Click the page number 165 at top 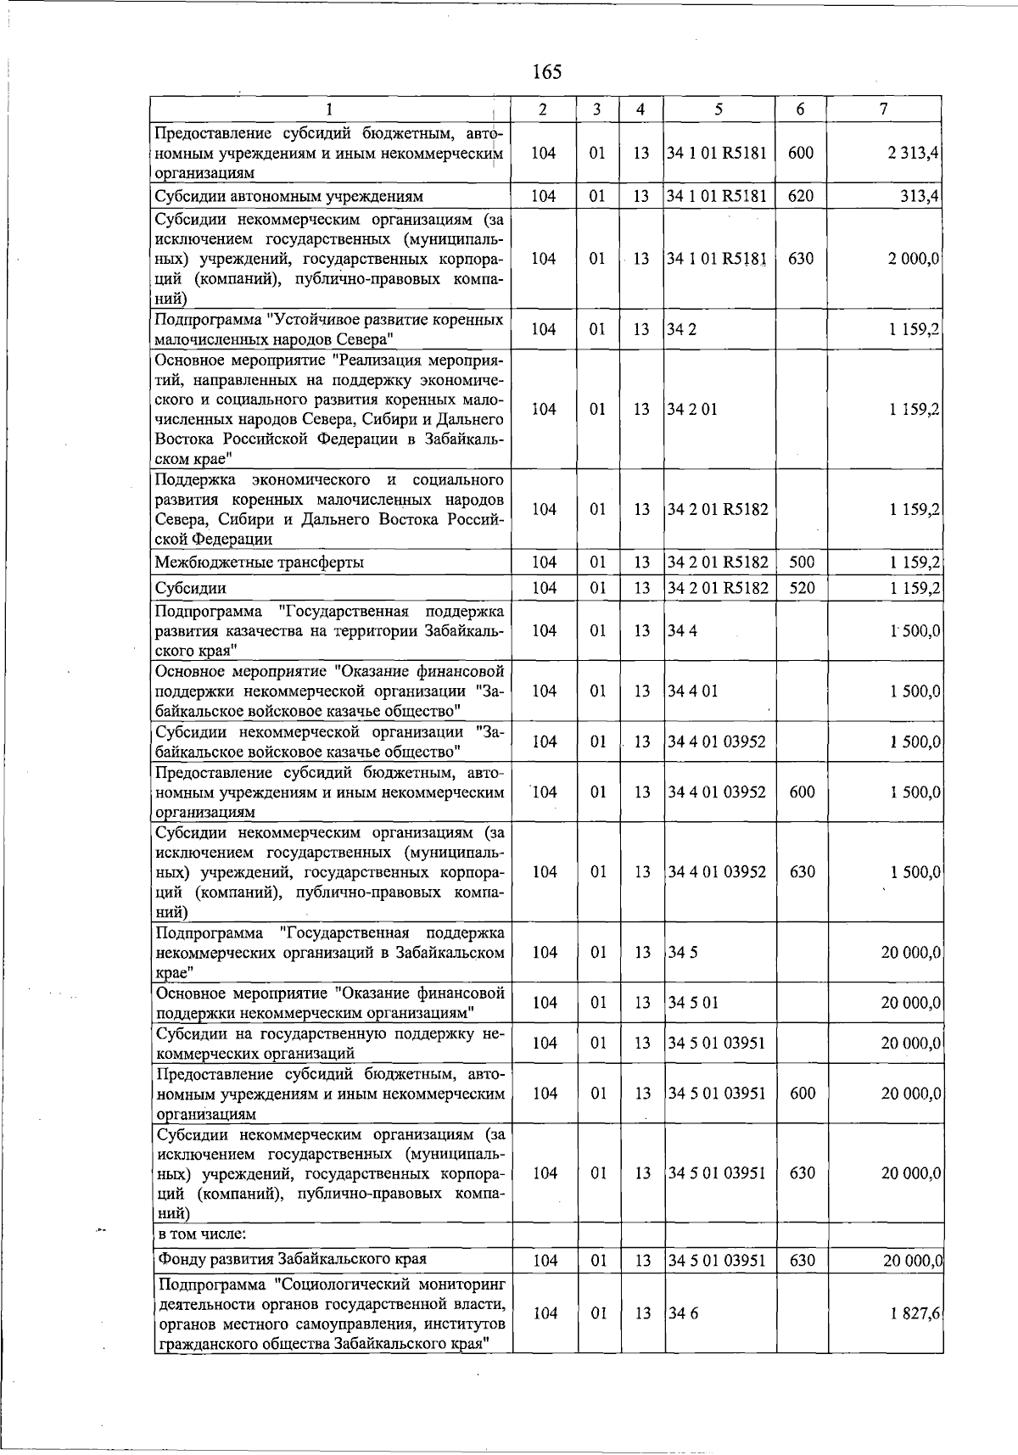(547, 72)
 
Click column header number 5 (719, 109)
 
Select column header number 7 (884, 109)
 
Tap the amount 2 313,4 (913, 154)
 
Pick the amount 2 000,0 (913, 259)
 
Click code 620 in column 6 (801, 197)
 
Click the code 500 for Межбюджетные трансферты (802, 562)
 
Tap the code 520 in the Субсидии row (802, 588)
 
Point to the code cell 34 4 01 (693, 691)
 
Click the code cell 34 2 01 (692, 410)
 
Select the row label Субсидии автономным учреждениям (288, 197)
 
